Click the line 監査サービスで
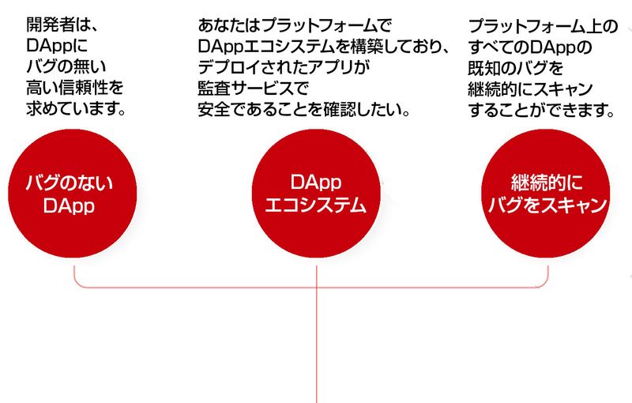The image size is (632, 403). (252, 85)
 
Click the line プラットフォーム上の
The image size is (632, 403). (544, 27)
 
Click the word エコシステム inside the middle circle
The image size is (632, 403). (315, 206)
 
